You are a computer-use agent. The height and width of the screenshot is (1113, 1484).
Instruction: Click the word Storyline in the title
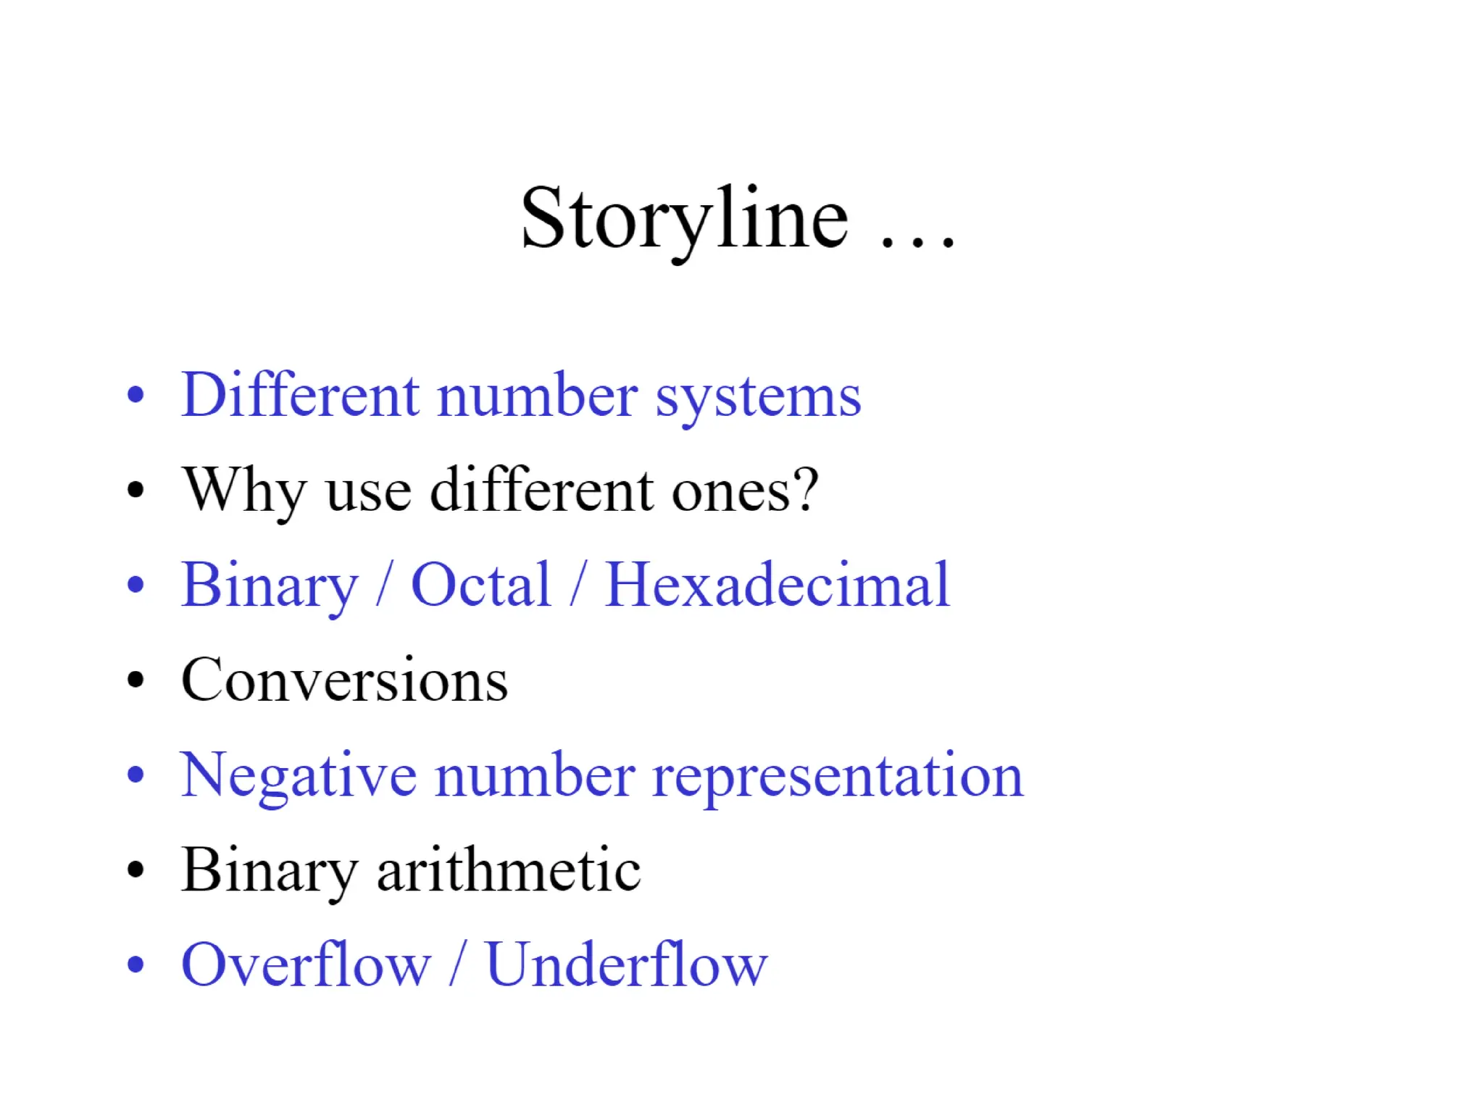coord(684,219)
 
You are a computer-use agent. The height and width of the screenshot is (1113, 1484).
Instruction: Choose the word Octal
coord(480,585)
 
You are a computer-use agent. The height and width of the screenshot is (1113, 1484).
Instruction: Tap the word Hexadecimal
coord(777,585)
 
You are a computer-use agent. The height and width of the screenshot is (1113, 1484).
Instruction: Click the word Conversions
coord(344,680)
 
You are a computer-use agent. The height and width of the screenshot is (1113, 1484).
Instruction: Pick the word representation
coord(838,777)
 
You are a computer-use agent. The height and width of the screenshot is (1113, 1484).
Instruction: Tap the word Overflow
coord(306,964)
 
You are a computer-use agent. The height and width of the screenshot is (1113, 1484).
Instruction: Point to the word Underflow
coord(626,964)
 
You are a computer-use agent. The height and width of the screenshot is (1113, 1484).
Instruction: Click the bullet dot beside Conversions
coord(136,680)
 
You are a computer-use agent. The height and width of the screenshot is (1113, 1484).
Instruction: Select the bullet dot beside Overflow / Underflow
coord(136,965)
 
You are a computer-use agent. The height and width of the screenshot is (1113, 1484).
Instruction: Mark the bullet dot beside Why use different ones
coord(136,491)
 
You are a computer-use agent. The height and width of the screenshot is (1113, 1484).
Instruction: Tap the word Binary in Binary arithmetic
coord(270,871)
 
